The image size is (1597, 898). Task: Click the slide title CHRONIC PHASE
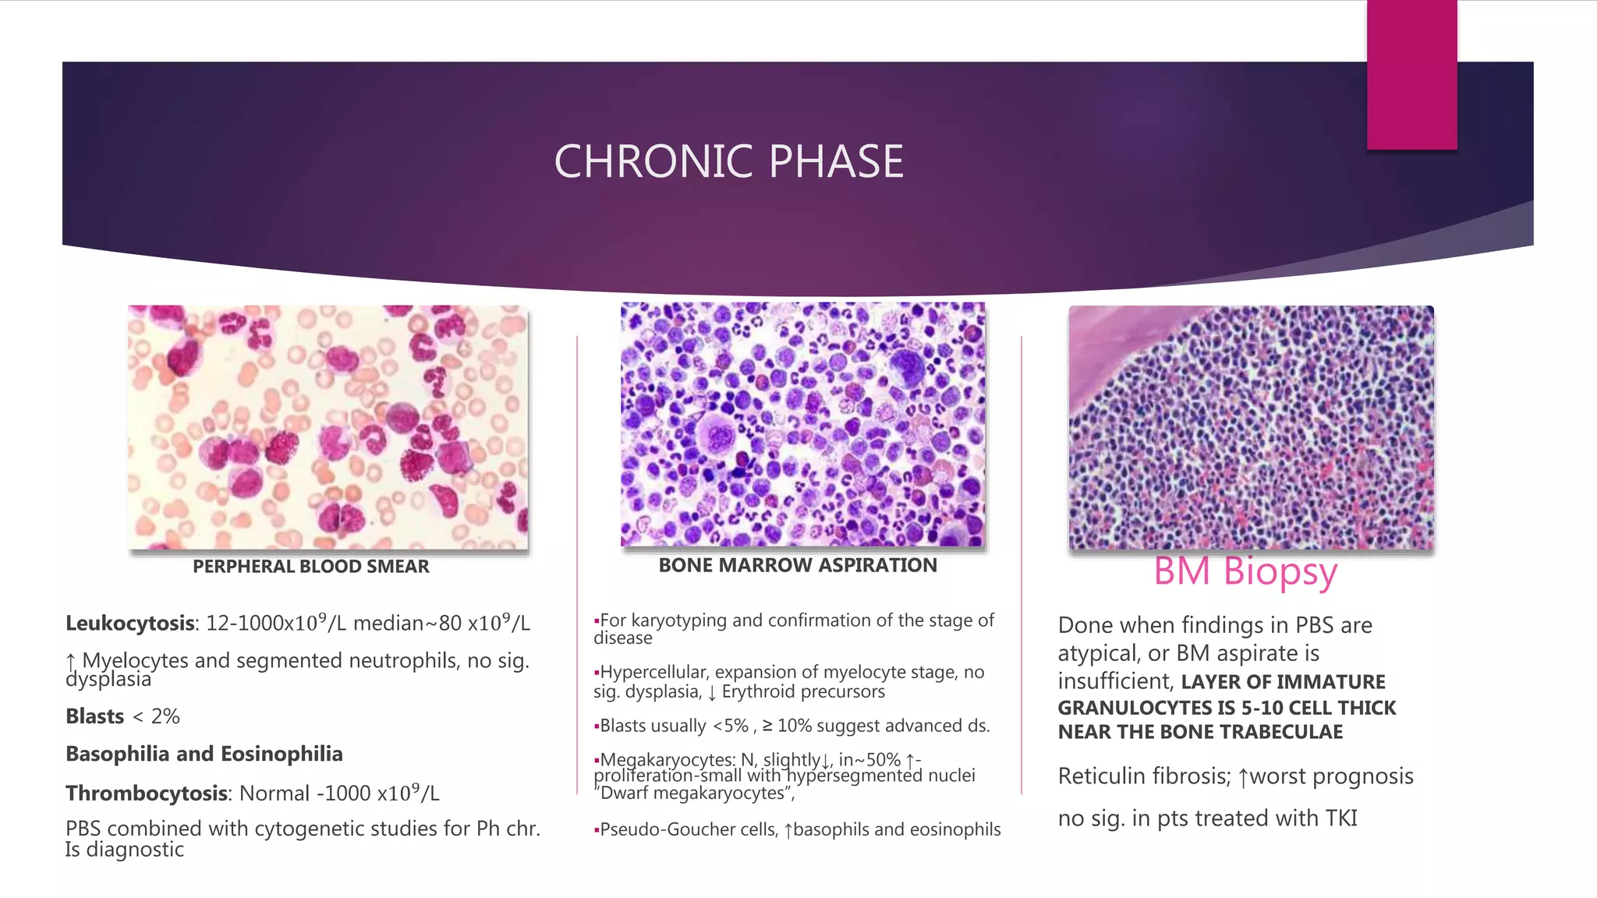tap(728, 161)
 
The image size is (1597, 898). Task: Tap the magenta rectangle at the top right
tap(1411, 74)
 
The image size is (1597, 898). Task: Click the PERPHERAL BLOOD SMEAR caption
tap(310, 567)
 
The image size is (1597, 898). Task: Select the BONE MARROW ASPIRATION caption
tap(798, 565)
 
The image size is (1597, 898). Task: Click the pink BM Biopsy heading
tap(1245, 571)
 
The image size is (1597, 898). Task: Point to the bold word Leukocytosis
tap(129, 624)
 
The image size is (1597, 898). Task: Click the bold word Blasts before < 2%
tap(94, 716)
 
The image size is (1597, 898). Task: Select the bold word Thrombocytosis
tap(146, 794)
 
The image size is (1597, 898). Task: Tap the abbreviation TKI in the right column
tap(1340, 818)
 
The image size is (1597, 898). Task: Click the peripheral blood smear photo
tap(328, 427)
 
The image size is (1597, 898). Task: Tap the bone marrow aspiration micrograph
tap(802, 424)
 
